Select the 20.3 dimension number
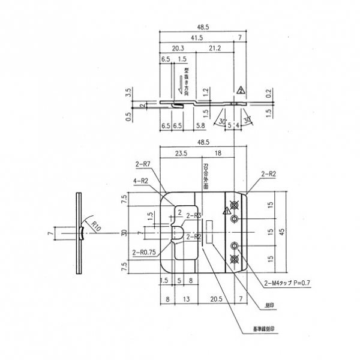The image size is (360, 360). pos(177,48)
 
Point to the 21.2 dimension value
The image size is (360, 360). pos(216,48)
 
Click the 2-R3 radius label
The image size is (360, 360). pos(193,215)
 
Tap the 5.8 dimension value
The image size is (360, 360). pos(200,125)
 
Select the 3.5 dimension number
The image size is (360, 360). pos(128,93)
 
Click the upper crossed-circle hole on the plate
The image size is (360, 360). pos(235,205)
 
